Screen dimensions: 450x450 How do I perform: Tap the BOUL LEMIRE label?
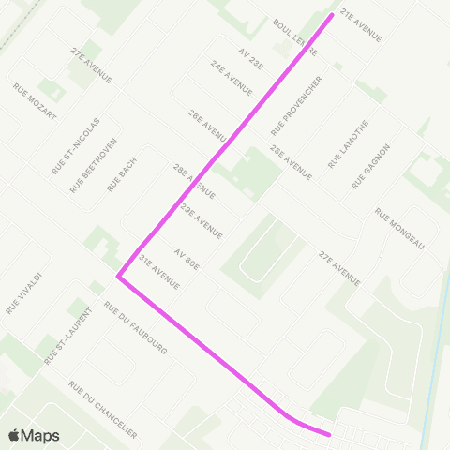[292, 35]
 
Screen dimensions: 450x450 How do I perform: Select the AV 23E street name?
[251, 58]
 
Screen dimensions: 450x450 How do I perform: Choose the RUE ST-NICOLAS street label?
[75, 144]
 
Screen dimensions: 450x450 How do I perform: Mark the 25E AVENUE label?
[291, 162]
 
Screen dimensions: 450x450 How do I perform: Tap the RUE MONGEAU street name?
[400, 229]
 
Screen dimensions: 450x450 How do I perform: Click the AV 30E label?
[187, 260]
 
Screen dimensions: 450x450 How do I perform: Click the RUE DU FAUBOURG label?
[135, 328]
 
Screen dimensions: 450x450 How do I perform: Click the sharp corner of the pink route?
[118, 277]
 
